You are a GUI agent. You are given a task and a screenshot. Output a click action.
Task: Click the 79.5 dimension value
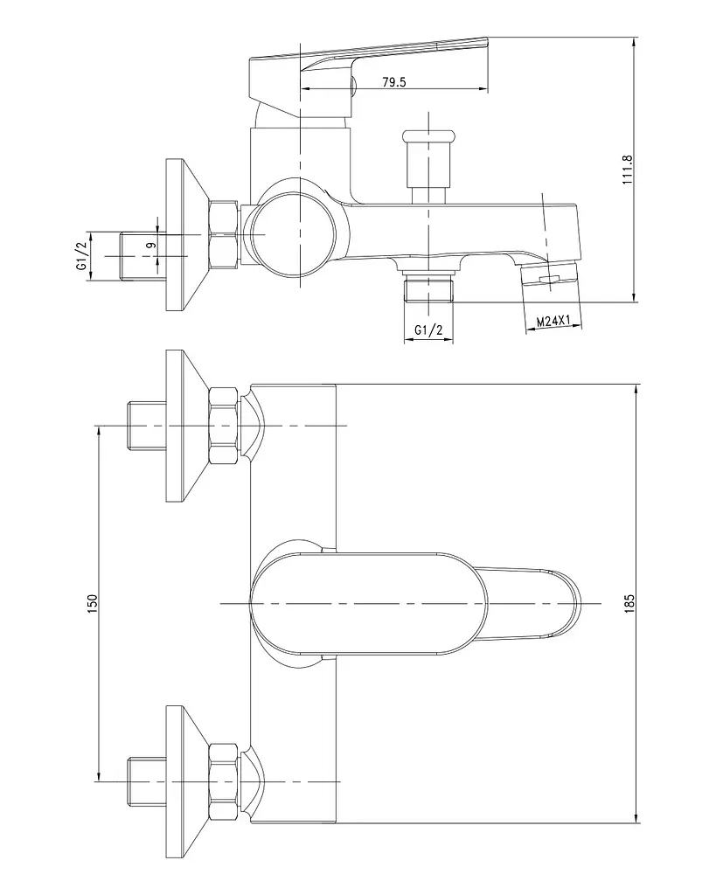pyautogui.click(x=394, y=82)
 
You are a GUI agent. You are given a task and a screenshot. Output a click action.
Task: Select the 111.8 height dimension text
pyautogui.click(x=628, y=170)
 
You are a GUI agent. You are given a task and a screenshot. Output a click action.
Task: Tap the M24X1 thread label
pyautogui.click(x=553, y=322)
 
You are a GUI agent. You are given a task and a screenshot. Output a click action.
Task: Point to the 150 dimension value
pyautogui.click(x=93, y=603)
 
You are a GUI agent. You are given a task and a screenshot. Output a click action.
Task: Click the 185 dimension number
pyautogui.click(x=629, y=603)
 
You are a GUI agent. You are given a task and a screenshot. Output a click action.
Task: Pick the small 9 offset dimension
pyautogui.click(x=151, y=245)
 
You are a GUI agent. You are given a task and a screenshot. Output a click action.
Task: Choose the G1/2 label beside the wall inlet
pyautogui.click(x=81, y=256)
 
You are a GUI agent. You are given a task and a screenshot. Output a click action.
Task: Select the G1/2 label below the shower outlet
pyautogui.click(x=428, y=330)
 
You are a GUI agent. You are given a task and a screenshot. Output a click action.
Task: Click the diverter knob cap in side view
pyautogui.click(x=428, y=135)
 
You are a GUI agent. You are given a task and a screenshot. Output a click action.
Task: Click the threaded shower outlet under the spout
pyautogui.click(x=428, y=287)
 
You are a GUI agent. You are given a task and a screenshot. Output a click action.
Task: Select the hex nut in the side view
pyautogui.click(x=223, y=234)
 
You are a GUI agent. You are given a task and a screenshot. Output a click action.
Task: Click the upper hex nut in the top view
pyautogui.click(x=223, y=426)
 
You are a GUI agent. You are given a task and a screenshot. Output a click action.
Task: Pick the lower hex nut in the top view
pyautogui.click(x=223, y=781)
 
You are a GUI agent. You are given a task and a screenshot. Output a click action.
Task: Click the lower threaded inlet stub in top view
pyautogui.click(x=146, y=781)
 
